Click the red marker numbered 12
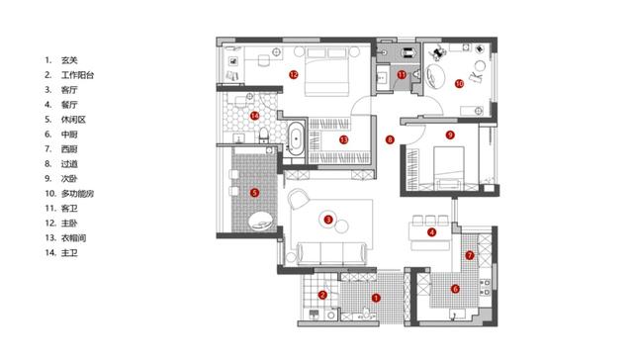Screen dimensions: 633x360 point(294,74)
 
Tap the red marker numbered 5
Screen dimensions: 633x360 point(254,193)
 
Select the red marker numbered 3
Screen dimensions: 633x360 point(328,220)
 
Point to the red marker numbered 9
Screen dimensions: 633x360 point(450,135)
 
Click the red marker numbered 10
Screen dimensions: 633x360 point(459,83)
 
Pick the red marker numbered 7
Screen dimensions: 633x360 point(470,255)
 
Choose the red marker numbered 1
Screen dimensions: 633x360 point(376,298)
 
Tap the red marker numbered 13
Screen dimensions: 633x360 point(343,139)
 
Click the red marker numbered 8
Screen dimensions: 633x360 point(390,139)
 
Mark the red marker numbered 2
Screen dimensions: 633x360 point(322,295)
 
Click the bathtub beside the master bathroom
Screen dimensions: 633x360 point(296,138)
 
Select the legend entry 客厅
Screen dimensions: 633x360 point(69,90)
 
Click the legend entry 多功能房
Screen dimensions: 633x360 point(77,193)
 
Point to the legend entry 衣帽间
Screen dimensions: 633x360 point(73,238)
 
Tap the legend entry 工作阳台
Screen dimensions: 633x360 point(77,75)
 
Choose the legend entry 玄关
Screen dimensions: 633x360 point(69,60)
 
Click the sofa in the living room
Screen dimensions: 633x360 point(331,253)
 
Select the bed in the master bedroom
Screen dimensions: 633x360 point(326,72)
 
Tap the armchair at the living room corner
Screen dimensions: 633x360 point(299,200)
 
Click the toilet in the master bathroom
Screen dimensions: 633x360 point(264,135)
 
